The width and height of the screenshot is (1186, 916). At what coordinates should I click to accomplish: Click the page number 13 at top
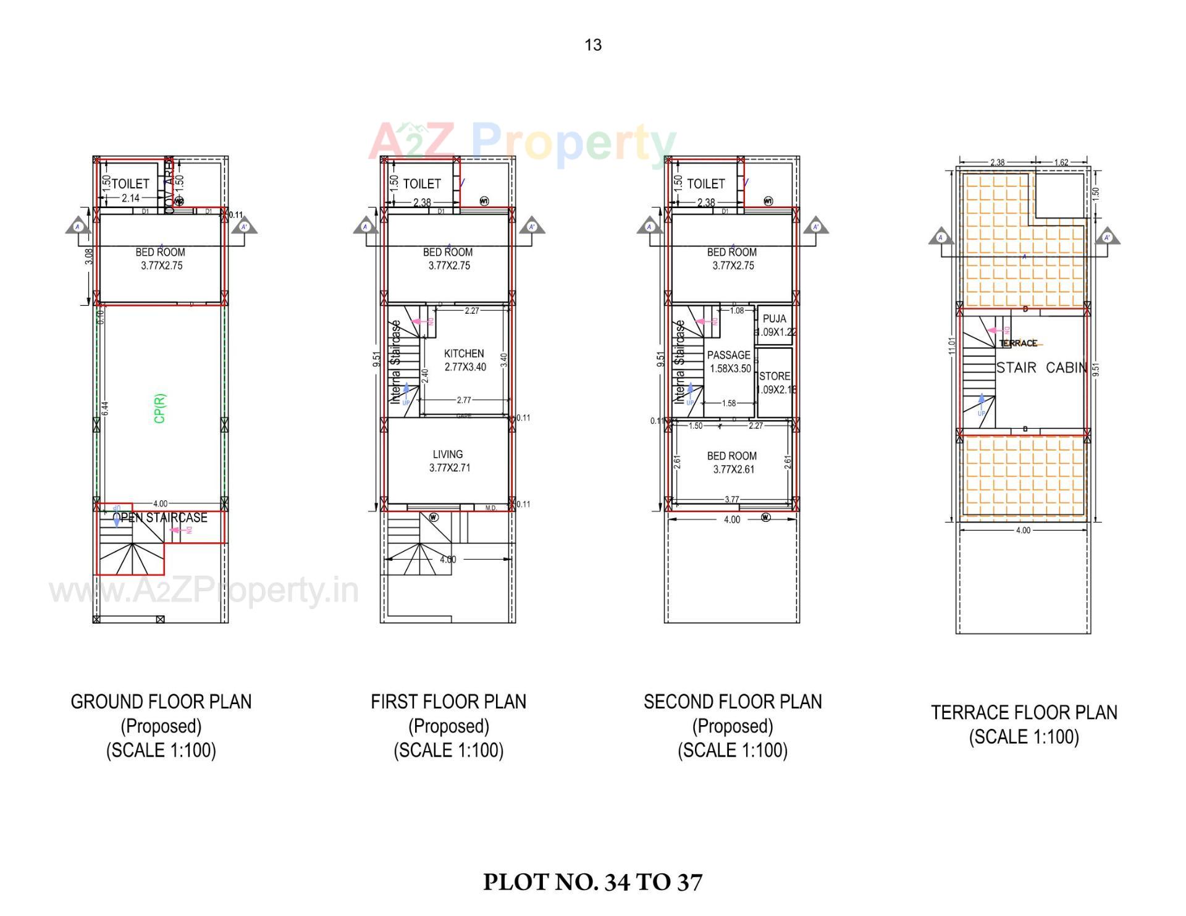pyautogui.click(x=593, y=45)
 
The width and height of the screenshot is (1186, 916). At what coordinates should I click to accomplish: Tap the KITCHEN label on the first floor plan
pyautogui.click(x=464, y=354)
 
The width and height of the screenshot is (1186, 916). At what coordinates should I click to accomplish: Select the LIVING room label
pyautogui.click(x=448, y=455)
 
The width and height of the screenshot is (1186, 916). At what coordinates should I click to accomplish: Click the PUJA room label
pyautogui.click(x=774, y=319)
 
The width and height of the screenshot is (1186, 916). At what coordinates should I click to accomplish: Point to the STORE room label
pyautogui.click(x=775, y=376)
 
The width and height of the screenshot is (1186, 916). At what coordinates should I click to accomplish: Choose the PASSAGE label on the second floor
pyautogui.click(x=729, y=355)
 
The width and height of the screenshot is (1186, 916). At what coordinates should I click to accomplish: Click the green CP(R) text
pyautogui.click(x=160, y=408)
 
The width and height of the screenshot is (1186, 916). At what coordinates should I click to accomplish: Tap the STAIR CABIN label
pyautogui.click(x=1041, y=368)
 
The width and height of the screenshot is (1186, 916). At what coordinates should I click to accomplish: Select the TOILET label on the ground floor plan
pyautogui.click(x=130, y=183)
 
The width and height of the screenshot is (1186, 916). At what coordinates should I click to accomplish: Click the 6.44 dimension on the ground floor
pyautogui.click(x=105, y=408)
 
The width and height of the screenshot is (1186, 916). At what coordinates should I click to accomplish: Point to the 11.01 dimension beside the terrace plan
pyautogui.click(x=952, y=345)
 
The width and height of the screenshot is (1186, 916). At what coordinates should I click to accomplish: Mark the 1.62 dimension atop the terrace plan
pyautogui.click(x=1061, y=162)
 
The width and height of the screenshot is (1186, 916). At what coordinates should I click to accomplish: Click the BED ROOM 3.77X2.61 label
pyautogui.click(x=733, y=463)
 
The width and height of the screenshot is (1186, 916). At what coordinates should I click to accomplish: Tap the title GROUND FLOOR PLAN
pyautogui.click(x=161, y=702)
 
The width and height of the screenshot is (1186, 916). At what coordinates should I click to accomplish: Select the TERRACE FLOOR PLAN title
pyautogui.click(x=1024, y=713)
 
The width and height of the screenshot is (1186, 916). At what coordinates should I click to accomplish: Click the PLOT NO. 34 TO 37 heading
pyautogui.click(x=592, y=882)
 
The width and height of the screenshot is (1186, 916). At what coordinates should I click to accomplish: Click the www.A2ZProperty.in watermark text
pyautogui.click(x=204, y=590)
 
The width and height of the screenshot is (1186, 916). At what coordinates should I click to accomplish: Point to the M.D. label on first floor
pyautogui.click(x=490, y=508)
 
